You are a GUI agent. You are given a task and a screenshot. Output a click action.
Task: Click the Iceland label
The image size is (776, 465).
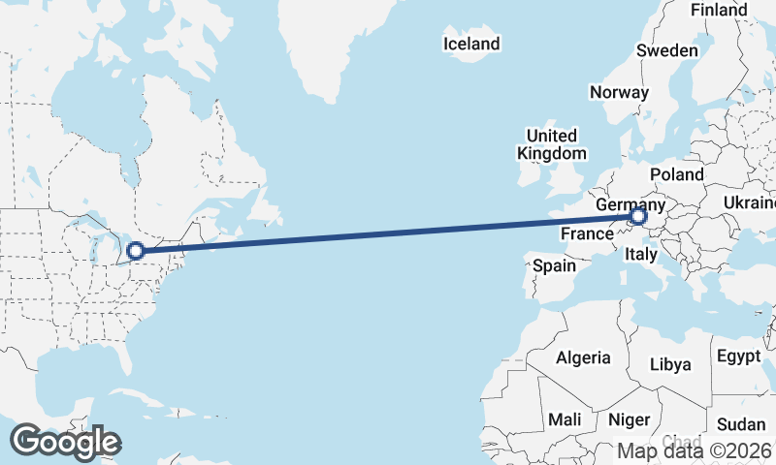[471, 44]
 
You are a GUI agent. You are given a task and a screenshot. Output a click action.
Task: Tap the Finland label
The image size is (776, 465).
[719, 10]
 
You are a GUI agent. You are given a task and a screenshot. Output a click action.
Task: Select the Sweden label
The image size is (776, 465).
[667, 50]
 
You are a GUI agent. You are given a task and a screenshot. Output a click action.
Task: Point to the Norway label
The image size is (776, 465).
[619, 92]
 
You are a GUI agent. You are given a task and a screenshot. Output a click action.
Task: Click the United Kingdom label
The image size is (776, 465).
[551, 144]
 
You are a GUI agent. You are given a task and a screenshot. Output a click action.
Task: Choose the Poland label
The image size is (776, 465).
[676, 174]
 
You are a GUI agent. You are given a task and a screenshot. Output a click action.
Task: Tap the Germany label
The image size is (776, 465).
[630, 205]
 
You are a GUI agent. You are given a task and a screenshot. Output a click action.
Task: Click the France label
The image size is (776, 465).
[587, 233]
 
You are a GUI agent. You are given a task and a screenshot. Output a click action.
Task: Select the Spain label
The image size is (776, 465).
[554, 264]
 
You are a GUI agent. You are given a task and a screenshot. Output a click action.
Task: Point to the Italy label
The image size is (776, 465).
[641, 255]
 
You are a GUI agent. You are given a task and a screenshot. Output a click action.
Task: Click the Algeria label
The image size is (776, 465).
[583, 357]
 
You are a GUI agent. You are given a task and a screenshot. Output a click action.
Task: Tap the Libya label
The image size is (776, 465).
[670, 364]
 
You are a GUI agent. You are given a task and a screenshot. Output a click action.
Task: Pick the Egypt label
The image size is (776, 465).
[739, 356]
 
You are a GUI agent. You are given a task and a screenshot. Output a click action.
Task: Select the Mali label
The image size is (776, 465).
[564, 420]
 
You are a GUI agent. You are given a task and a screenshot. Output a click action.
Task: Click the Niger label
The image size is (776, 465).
[628, 420]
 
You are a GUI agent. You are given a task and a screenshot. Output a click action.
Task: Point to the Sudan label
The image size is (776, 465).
[741, 424]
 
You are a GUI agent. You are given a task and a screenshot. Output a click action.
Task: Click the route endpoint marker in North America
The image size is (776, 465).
[136, 250]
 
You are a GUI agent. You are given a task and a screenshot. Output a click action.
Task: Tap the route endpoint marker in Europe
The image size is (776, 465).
[638, 217]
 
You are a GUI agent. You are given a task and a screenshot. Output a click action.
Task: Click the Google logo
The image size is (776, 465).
[65, 442]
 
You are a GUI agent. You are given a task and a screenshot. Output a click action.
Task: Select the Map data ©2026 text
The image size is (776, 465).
[695, 450]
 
